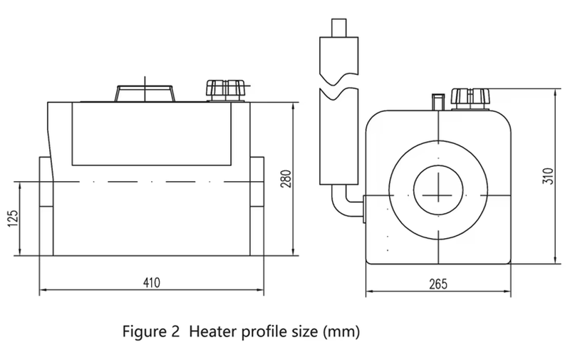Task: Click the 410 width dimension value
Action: coord(152,282)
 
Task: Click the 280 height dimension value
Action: coord(286,178)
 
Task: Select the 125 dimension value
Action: coord(12,220)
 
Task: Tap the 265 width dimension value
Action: coord(438,284)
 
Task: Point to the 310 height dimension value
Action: coord(546,176)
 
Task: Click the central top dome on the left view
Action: coord(145,93)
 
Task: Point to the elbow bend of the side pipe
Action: coord(341,206)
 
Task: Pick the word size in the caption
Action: coord(299,331)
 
